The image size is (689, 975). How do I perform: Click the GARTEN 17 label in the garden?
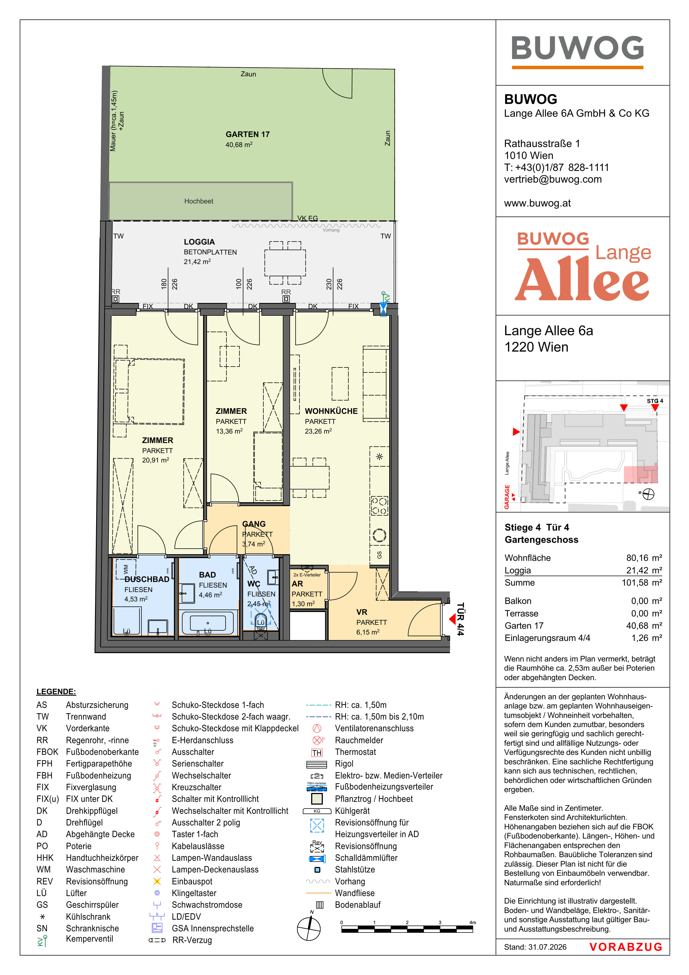click(x=248, y=134)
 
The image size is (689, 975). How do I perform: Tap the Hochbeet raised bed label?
click(x=199, y=201)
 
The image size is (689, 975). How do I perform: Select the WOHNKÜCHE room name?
click(x=331, y=411)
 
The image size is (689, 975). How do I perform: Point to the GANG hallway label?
click(x=254, y=524)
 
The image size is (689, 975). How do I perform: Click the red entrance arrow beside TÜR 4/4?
click(x=452, y=619)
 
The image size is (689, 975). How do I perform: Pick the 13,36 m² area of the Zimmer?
click(x=229, y=431)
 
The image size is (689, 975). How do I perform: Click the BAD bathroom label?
click(x=207, y=574)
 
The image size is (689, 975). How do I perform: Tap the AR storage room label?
click(x=297, y=584)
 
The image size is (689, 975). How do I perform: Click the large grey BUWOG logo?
click(x=577, y=48)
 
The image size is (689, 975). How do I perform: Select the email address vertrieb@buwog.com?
click(x=553, y=179)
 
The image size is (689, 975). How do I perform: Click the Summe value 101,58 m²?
click(x=642, y=583)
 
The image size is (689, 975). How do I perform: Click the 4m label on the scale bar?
click(x=473, y=922)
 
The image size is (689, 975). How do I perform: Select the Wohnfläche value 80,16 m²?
click(x=644, y=558)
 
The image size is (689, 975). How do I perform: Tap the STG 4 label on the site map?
click(x=655, y=401)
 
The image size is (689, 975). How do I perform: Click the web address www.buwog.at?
click(x=537, y=203)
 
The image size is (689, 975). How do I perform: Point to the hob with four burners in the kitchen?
click(x=379, y=506)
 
